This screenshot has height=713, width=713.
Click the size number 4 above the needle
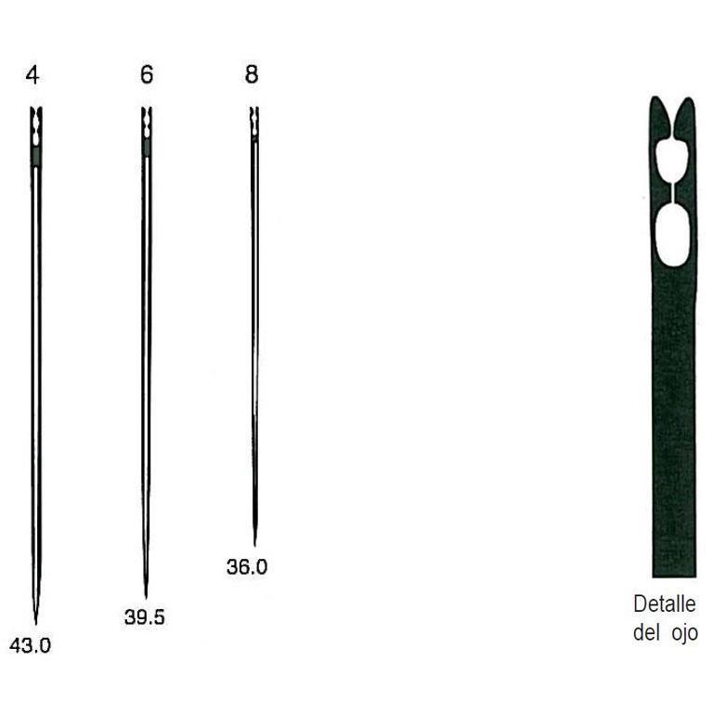tap(32, 75)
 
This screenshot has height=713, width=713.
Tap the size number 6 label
tap(147, 74)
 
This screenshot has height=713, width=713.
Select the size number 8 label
tap(252, 74)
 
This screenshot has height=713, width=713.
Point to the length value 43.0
tap(30, 646)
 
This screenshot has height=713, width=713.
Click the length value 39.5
tap(145, 617)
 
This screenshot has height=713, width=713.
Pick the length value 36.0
tap(247, 567)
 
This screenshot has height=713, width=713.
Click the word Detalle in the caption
tap(665, 604)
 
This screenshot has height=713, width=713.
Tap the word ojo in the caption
tap(684, 633)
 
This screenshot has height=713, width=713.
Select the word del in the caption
tap(646, 632)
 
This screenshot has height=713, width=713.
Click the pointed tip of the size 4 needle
tap(36, 624)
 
